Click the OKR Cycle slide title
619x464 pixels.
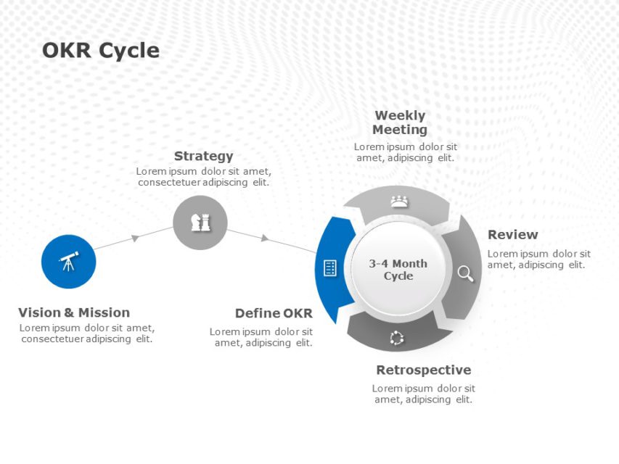(x=100, y=51)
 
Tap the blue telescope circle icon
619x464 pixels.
(x=69, y=262)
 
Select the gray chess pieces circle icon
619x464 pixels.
(x=200, y=223)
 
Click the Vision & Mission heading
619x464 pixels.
(x=74, y=312)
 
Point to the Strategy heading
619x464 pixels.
(x=204, y=156)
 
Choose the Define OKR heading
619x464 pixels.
(x=274, y=313)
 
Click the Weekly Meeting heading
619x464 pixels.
(x=400, y=123)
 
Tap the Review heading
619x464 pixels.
(x=512, y=234)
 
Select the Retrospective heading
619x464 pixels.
(x=423, y=370)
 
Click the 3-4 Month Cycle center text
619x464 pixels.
(x=398, y=270)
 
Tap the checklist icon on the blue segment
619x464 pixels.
(x=330, y=268)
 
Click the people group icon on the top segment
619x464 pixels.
(x=399, y=202)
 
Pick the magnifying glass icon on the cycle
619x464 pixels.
(x=465, y=273)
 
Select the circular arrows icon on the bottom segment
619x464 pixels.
(x=396, y=337)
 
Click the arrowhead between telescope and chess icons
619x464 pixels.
(x=135, y=238)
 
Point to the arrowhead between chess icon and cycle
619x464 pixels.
(x=265, y=238)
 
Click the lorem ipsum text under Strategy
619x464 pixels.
(x=204, y=176)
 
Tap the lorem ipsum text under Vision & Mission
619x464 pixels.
(x=86, y=333)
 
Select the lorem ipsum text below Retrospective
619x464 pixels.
(x=424, y=394)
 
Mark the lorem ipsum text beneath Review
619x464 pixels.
(x=538, y=259)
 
